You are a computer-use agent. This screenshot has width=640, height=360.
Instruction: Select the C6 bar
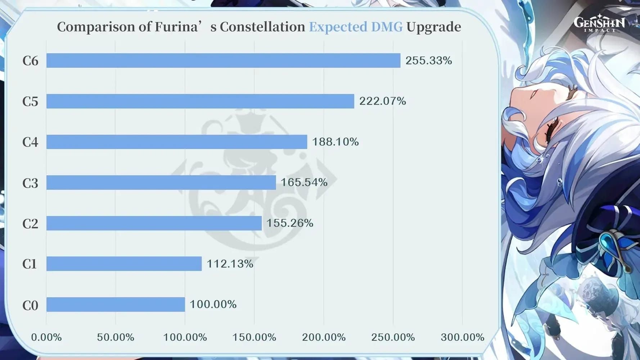click(223, 60)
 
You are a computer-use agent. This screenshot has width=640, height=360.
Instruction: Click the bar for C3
click(161, 183)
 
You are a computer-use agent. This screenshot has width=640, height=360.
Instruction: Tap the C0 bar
click(116, 305)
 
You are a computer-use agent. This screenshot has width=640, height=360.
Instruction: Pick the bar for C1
click(124, 264)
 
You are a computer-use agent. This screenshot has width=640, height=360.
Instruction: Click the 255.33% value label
click(428, 60)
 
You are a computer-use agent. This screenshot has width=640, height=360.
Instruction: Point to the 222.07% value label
click(382, 101)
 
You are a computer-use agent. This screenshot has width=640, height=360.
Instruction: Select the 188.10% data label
click(335, 142)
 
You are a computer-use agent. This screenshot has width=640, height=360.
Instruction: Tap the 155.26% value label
click(289, 223)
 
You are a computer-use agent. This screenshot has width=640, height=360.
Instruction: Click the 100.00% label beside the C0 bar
click(213, 305)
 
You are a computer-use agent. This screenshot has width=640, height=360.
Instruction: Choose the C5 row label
click(30, 102)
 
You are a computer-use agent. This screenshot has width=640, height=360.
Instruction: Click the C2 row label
click(30, 224)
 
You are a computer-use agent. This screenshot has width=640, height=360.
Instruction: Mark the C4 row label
click(30, 142)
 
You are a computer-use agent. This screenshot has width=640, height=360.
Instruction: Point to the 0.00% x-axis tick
click(46, 337)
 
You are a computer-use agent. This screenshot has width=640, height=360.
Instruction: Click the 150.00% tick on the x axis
click(254, 337)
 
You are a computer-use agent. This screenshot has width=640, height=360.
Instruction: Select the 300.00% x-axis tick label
click(462, 337)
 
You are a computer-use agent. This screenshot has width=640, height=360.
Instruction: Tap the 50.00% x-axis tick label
click(116, 337)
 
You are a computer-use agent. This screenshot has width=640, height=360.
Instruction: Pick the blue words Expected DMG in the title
click(356, 27)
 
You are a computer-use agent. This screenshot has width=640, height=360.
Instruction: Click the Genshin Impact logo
click(599, 23)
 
